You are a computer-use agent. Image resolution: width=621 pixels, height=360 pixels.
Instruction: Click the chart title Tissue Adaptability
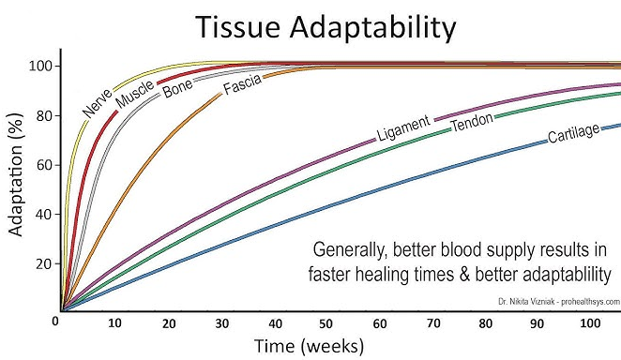coord(326,27)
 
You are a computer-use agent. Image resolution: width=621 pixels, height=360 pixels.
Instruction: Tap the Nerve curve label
coord(98,103)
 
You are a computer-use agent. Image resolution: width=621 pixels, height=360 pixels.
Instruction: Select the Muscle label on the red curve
coord(135,94)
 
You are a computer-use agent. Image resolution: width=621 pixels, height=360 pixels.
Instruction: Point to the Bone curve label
coord(178,88)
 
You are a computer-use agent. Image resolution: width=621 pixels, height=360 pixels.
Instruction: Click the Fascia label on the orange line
coord(242,84)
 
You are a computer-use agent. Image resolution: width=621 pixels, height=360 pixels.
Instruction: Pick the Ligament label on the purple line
coord(403,128)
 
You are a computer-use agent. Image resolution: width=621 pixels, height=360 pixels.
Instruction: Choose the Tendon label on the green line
coord(473,122)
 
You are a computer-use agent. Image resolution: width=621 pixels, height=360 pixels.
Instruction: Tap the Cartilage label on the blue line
coord(573,133)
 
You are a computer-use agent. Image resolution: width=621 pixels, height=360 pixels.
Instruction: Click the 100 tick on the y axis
coord(40,66)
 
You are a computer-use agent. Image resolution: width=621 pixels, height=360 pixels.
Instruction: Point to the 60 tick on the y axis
coord(44,165)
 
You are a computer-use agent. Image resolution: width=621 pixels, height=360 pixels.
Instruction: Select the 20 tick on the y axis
coord(44,263)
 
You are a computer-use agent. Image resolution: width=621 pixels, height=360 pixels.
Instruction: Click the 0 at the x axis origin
coord(55,321)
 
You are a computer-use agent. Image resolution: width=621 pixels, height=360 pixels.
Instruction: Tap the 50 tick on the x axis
coord(326,324)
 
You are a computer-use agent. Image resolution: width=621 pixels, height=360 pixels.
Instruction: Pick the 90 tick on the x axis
coord(537,324)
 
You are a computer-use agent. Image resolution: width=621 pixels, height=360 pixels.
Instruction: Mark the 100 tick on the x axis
coord(590,323)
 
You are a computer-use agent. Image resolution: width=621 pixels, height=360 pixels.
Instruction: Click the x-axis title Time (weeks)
coord(309,346)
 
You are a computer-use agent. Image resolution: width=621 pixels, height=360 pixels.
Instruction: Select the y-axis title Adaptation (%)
coord(16,175)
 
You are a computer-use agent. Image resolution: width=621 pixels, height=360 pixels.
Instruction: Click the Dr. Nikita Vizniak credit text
coord(559,302)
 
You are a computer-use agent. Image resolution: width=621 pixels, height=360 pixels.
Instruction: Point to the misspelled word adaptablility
coord(563,275)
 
